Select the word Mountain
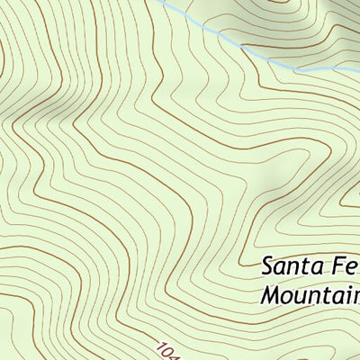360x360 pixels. (x=310, y=294)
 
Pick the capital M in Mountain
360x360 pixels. (x=273, y=294)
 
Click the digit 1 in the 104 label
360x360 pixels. (x=160, y=346)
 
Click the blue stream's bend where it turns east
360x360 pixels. (x=297, y=70)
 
